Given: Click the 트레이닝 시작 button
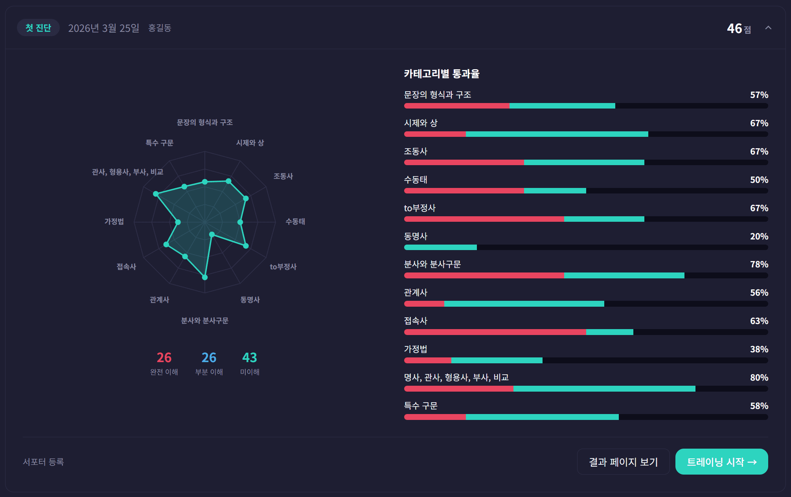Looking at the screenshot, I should coord(721,462).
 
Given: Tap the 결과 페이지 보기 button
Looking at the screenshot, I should coord(623,462).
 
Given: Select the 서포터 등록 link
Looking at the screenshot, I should coord(43,462).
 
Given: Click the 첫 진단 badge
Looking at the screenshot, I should coord(38,28).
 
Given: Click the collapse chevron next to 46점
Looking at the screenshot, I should coord(768,28).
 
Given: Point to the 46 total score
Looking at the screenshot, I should coord(734,28).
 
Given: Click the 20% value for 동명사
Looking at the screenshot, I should coord(759,236).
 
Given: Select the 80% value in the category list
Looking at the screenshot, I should coord(759,377).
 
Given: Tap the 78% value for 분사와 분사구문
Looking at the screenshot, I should coord(759,264).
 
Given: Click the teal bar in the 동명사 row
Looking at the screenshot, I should coord(440,247).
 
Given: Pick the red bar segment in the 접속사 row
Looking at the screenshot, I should coord(495,332).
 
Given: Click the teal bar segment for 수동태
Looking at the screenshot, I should coord(555,191).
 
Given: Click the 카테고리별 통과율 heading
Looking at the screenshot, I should coord(441,74).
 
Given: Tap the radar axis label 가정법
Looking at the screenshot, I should coord(114,221).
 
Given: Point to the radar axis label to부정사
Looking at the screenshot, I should coord(283,267).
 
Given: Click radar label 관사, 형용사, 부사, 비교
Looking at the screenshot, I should coord(127,172).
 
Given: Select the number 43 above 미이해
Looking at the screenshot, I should coord(249,357).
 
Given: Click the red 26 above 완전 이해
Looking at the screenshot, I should coord(164,357).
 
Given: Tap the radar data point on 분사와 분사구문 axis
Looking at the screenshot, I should coord(204,277).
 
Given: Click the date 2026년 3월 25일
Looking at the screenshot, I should coord(104,28).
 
